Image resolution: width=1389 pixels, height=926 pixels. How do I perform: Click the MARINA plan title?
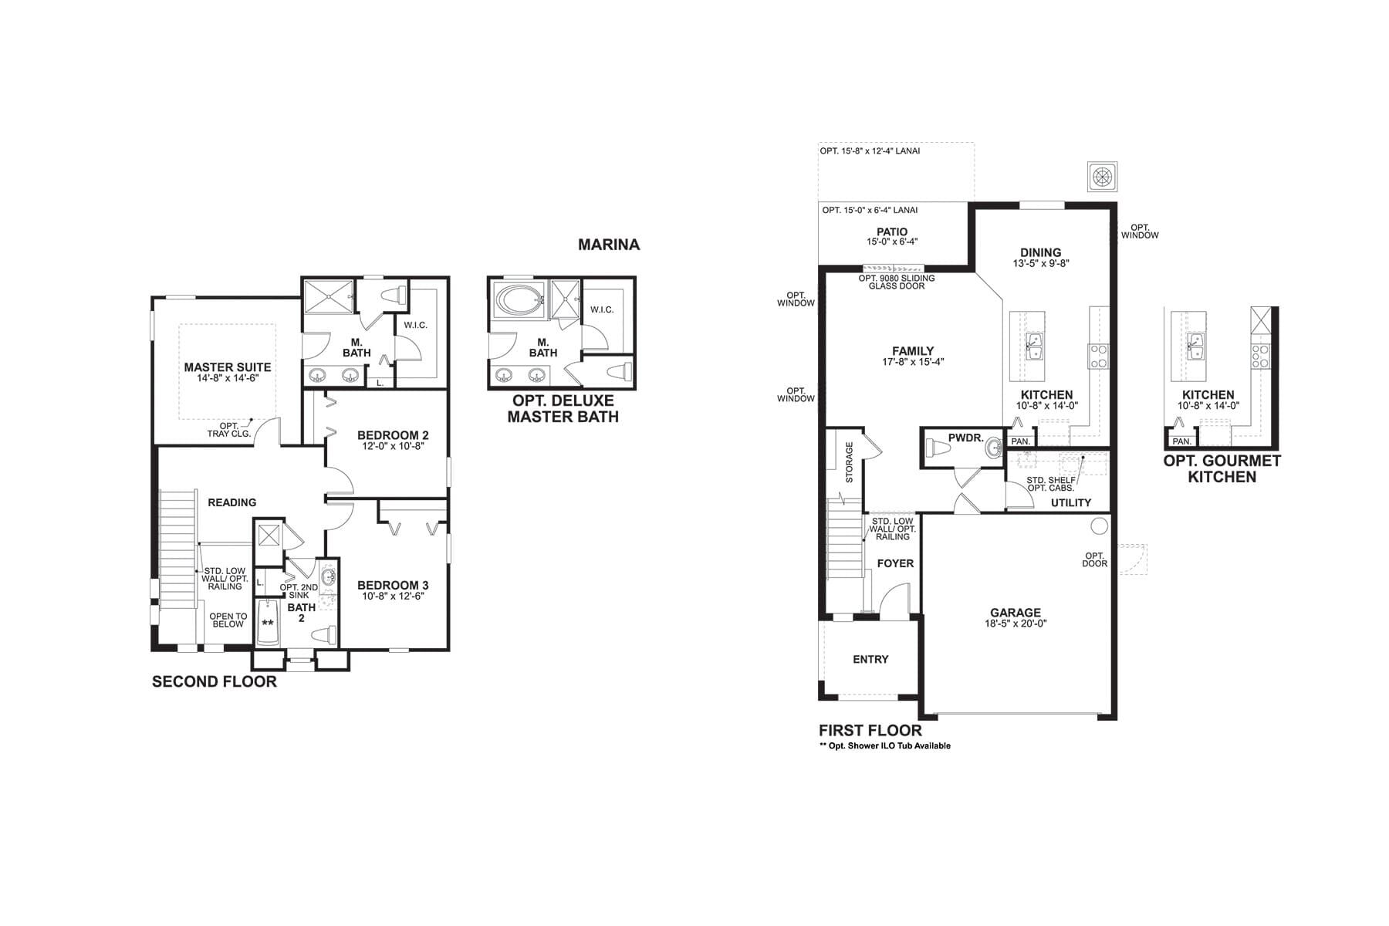click(x=609, y=245)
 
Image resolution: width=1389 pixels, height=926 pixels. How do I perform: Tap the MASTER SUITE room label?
click(x=228, y=367)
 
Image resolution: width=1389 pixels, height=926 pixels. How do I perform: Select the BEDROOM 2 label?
click(x=393, y=435)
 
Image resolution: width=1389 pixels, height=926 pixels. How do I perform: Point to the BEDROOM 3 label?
click(x=393, y=585)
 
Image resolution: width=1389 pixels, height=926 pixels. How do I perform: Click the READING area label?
click(x=232, y=502)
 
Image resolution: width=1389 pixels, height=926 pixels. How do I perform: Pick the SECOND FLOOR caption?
click(x=215, y=681)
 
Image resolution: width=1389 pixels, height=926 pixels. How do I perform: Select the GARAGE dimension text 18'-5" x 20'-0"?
click(x=1016, y=624)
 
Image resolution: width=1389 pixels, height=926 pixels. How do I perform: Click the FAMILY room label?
click(x=913, y=350)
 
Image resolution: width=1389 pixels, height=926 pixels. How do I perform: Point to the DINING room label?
click(x=1041, y=252)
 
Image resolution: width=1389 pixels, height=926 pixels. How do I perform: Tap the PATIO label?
click(x=892, y=231)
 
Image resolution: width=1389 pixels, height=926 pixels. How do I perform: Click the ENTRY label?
click(x=870, y=659)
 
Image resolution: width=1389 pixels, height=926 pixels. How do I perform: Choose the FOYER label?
click(x=895, y=563)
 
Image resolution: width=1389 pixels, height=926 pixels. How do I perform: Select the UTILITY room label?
click(x=1071, y=502)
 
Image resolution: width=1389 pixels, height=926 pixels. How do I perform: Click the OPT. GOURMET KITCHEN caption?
click(x=1222, y=468)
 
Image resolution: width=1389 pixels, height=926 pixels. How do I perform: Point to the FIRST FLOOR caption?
click(x=870, y=730)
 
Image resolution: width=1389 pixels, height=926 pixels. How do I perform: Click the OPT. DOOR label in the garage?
click(x=1096, y=559)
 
